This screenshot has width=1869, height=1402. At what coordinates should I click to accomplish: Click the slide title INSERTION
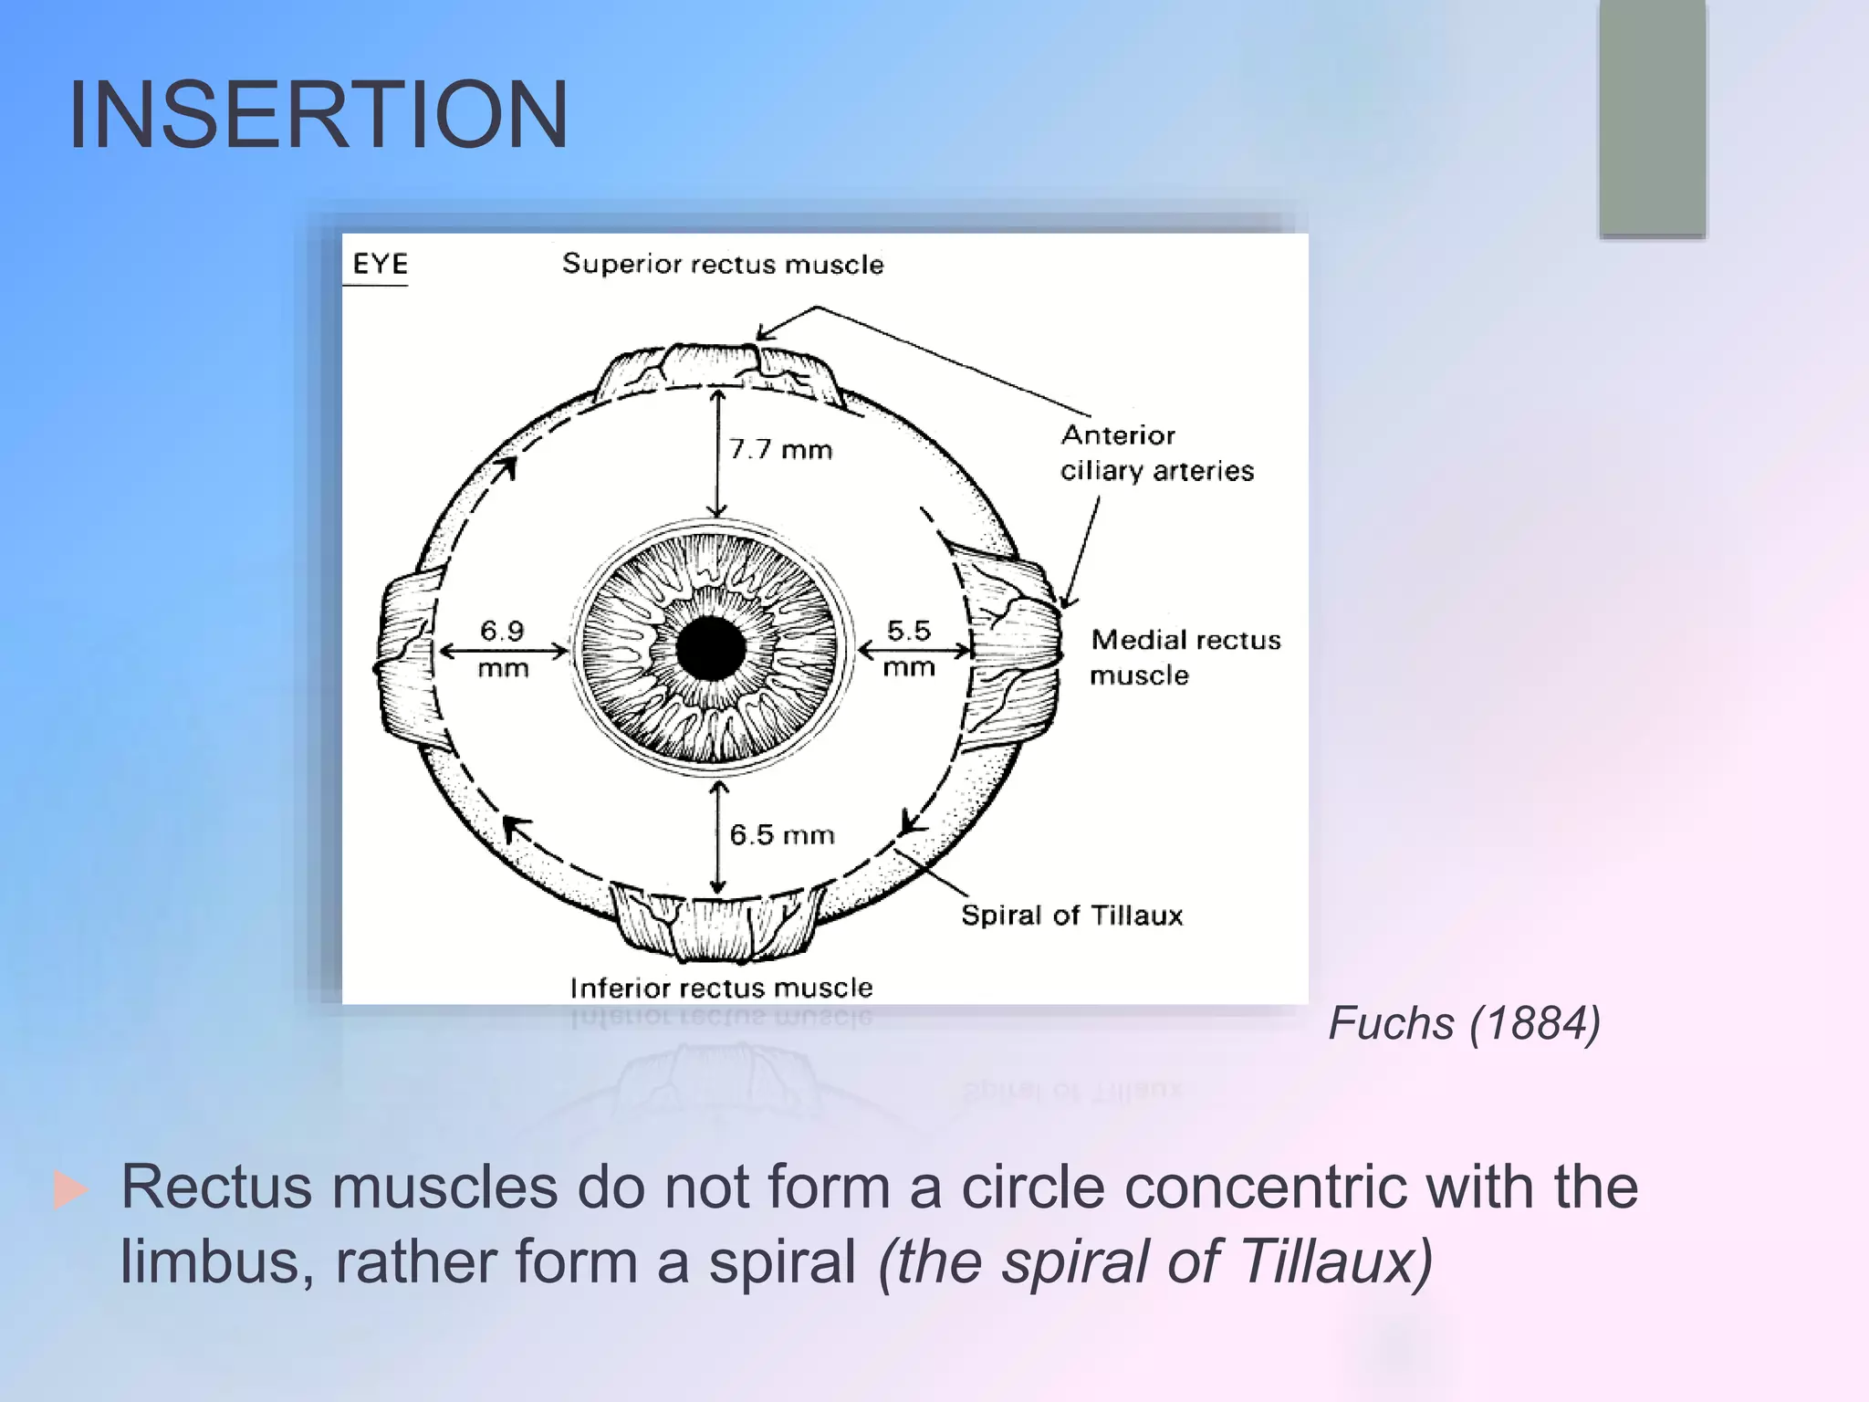pyautogui.click(x=318, y=115)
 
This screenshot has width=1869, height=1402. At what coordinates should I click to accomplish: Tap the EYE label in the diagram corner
pyautogui.click(x=380, y=264)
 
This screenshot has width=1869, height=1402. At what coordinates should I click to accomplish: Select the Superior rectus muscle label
pyautogui.click(x=723, y=264)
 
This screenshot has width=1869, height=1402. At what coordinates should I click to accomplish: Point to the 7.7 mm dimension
pyautogui.click(x=780, y=449)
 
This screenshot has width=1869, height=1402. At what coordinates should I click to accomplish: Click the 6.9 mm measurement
pyautogui.click(x=503, y=648)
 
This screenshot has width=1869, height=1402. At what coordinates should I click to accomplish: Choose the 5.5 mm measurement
pyautogui.click(x=909, y=648)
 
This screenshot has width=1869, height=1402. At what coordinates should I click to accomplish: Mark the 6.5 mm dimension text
pyautogui.click(x=782, y=834)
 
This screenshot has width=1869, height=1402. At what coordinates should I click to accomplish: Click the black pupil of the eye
pyautogui.click(x=711, y=649)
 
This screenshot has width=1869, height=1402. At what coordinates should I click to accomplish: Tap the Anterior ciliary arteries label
pyautogui.click(x=1155, y=453)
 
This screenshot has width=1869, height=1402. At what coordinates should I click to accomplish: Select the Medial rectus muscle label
pyautogui.click(x=1185, y=657)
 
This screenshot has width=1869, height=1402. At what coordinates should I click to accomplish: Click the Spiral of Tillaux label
pyautogui.click(x=1071, y=915)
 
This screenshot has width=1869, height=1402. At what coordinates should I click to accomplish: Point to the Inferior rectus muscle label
pyautogui.click(x=721, y=987)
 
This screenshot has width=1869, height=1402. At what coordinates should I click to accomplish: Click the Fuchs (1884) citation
pyautogui.click(x=1464, y=1022)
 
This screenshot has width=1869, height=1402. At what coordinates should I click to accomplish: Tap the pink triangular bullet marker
pyautogui.click(x=71, y=1190)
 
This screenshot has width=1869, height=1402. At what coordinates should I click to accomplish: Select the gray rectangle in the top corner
pyautogui.click(x=1652, y=117)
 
